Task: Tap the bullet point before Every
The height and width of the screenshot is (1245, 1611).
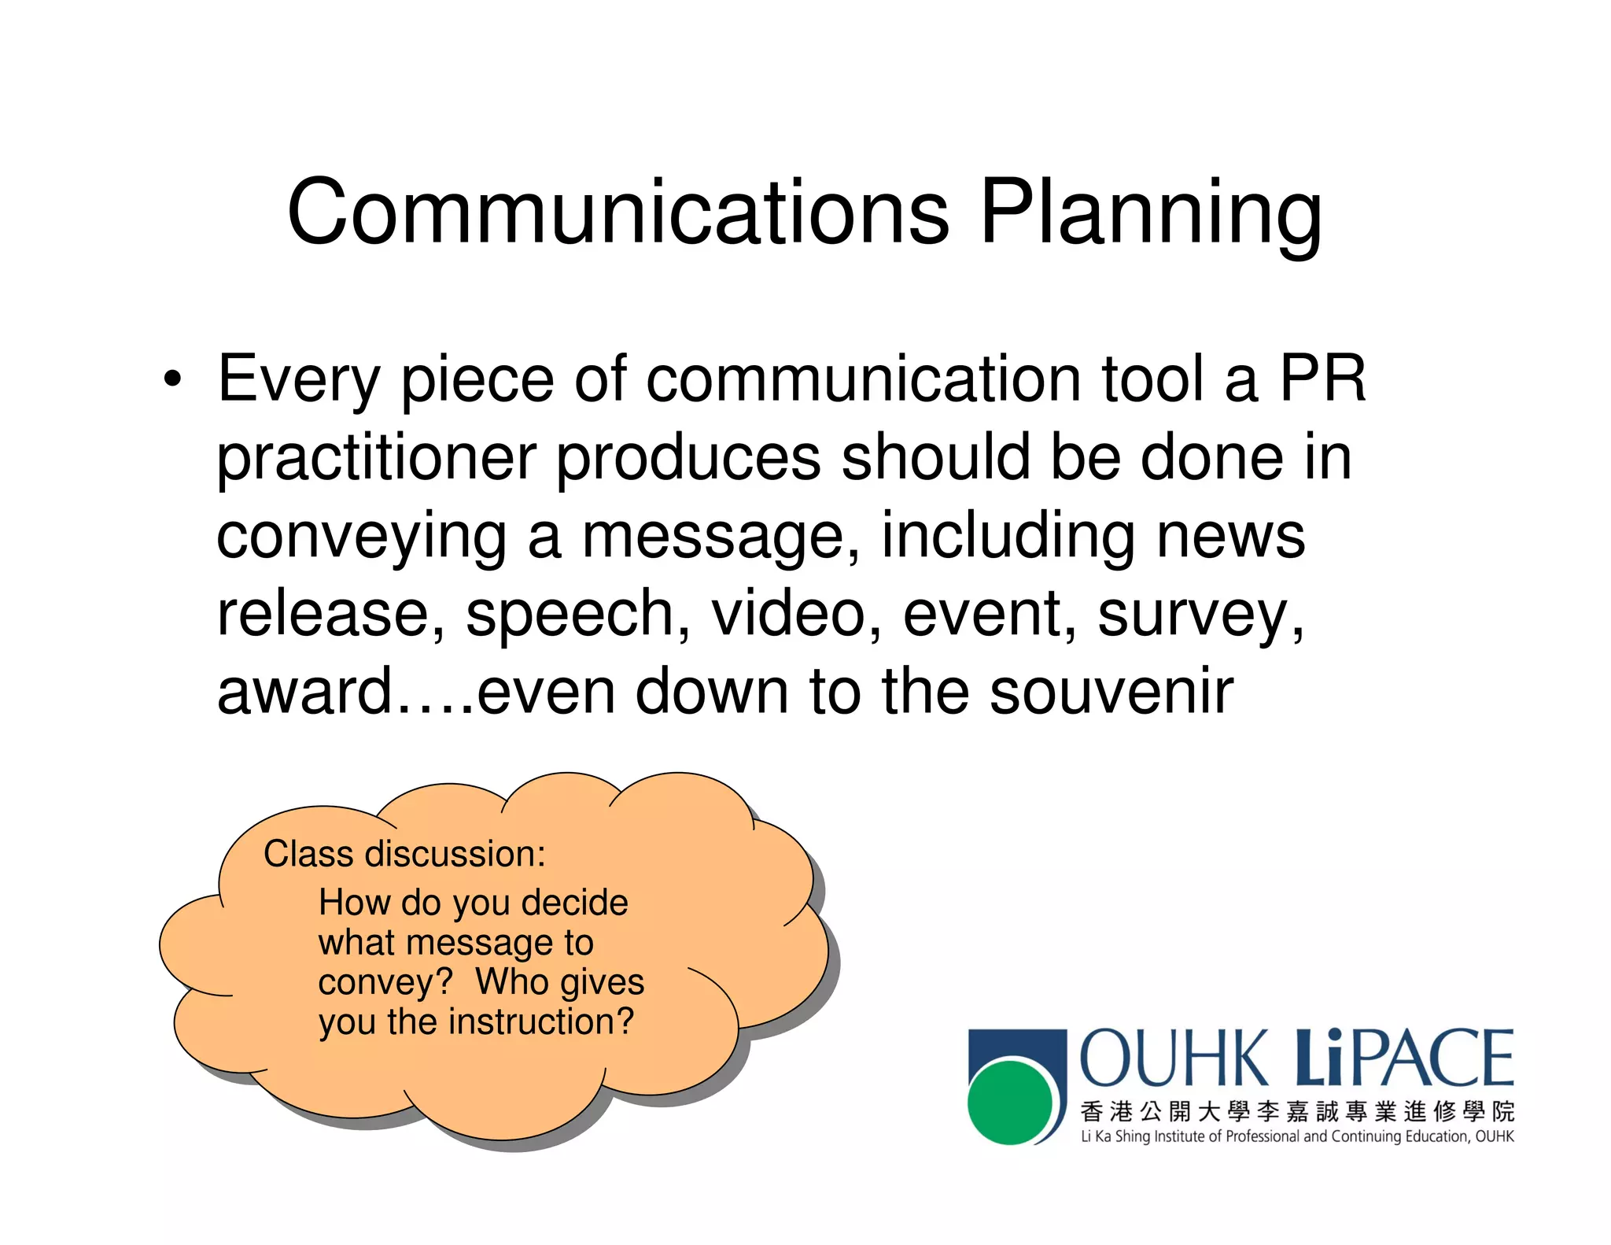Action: (172, 380)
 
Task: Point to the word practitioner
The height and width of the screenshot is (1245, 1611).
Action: (376, 459)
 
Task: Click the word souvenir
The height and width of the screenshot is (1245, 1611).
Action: (1111, 691)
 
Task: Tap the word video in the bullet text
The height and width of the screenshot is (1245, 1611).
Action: (788, 614)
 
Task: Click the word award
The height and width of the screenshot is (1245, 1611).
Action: (304, 691)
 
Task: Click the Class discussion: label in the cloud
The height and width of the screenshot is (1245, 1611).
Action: (404, 854)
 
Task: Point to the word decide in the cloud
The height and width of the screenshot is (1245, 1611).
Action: (574, 903)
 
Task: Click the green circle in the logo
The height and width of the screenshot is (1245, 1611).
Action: (1009, 1102)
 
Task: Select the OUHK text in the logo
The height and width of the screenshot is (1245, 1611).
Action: (1174, 1059)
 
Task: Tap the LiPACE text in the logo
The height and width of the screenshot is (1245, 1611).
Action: (1405, 1058)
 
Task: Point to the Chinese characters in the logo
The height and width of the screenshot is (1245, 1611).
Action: (1296, 1111)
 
